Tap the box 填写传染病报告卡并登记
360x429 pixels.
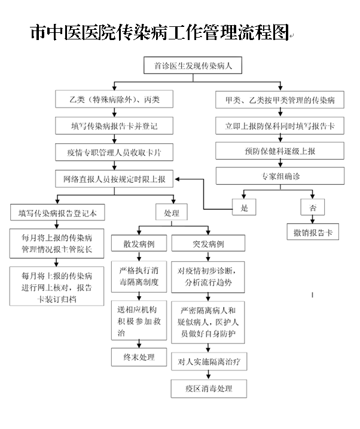113,126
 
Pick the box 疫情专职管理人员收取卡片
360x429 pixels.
113,152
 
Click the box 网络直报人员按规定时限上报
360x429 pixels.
113,179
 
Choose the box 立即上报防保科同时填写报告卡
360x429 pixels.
280,126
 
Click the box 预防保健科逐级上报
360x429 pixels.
280,152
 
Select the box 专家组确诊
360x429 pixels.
280,177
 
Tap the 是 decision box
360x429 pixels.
244,207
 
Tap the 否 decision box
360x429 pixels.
313,207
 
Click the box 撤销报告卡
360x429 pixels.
313,232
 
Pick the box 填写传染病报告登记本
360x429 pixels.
57,213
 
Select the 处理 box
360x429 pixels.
172,213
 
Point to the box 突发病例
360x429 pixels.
208,244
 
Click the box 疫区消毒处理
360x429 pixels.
208,389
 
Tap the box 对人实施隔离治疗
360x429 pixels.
208,361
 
